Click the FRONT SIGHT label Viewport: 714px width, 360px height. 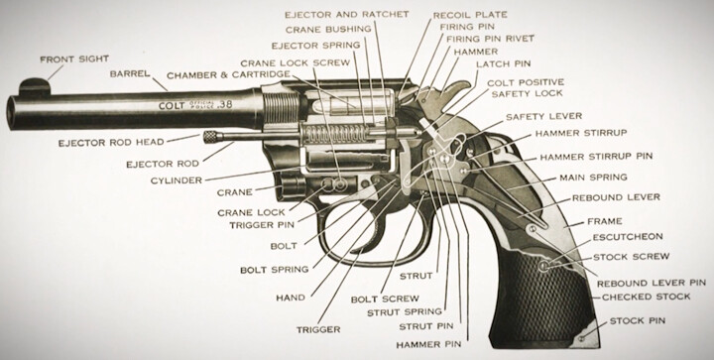click(74, 60)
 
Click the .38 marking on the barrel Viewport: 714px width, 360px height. click(224, 104)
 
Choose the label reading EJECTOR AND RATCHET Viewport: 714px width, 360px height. click(346, 15)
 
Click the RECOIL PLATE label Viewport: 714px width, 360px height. click(470, 15)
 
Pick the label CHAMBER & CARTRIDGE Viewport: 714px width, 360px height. click(228, 74)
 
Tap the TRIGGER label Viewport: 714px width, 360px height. click(318, 329)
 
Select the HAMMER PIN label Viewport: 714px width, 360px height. click(428, 345)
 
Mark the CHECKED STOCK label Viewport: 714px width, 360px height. click(647, 297)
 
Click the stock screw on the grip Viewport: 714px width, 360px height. click(543, 266)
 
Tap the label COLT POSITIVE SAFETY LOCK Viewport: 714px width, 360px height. click(526, 88)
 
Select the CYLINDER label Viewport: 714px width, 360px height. click(177, 180)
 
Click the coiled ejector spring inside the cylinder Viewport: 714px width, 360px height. click(335, 134)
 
